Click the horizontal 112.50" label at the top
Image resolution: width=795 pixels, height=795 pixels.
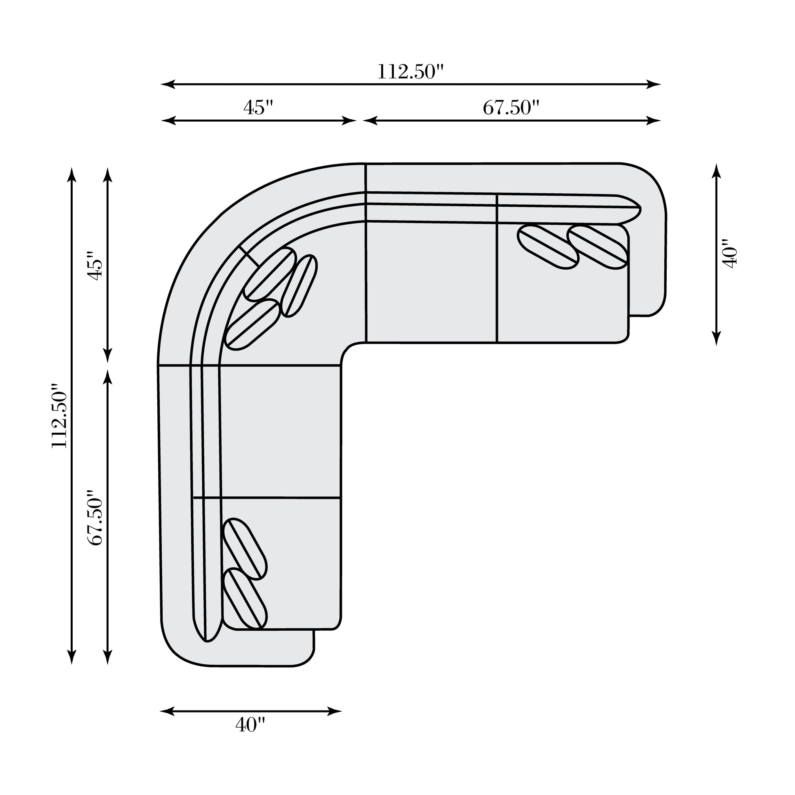point(411,72)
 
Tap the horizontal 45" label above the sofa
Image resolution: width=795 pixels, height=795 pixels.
point(259,108)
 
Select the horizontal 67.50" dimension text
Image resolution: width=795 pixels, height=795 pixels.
point(511,108)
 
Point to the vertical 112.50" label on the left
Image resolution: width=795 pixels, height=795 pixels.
point(58,416)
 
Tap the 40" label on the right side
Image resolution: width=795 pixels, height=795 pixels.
point(730,253)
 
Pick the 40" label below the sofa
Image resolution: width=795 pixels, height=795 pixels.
point(250,736)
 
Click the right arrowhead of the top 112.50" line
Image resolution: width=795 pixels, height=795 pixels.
point(654,84)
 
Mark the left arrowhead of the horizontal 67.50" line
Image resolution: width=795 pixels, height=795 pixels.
point(370,121)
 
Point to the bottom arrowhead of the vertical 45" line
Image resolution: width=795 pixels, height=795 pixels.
point(107,355)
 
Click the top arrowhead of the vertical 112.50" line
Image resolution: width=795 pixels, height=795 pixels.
point(71,174)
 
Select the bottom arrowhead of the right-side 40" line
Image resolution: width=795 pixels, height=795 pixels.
point(717,338)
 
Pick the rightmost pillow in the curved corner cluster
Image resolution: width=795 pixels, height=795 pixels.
point(299,286)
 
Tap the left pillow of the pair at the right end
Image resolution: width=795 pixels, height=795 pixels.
point(549,247)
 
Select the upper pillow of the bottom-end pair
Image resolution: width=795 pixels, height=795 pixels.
point(245,549)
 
